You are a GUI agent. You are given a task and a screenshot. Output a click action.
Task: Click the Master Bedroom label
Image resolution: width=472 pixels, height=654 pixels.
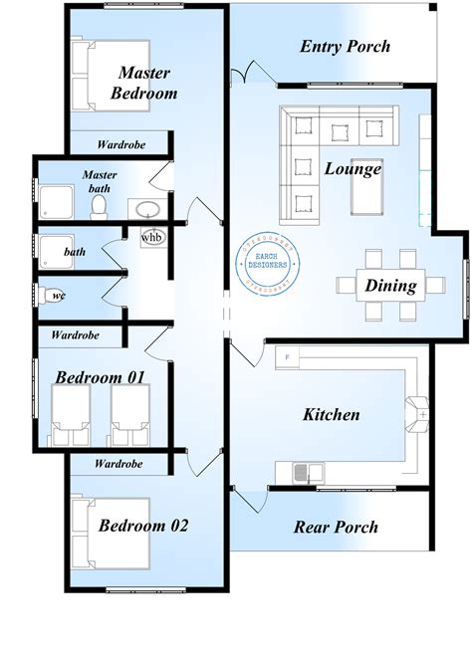(x=146, y=83)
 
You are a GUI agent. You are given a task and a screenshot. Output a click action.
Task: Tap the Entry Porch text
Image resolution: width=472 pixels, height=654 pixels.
(x=345, y=47)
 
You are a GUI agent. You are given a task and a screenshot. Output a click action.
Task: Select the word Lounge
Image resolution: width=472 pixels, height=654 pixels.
(x=353, y=168)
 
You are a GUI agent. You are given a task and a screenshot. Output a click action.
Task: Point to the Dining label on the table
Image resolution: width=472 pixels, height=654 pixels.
(x=390, y=286)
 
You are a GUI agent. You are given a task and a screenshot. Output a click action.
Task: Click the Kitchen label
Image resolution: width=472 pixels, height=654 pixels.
(x=330, y=414)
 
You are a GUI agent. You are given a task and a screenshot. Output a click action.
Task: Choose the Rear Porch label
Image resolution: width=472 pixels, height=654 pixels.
(x=336, y=527)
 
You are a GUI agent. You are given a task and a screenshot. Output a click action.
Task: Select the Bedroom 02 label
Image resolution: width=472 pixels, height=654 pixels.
(x=142, y=525)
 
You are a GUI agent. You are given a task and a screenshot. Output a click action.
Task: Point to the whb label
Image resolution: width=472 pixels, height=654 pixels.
(x=152, y=238)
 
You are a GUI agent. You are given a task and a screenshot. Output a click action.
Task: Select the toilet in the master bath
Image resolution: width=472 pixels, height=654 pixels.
(x=99, y=206)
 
